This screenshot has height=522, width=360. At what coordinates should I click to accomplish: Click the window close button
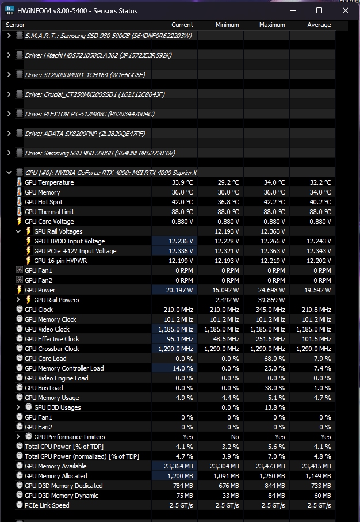pyautogui.click(x=345, y=10)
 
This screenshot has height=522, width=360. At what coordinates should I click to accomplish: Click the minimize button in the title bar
pyautogui.click(x=293, y=10)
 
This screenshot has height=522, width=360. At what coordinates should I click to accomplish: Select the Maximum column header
pyautogui.click(x=271, y=25)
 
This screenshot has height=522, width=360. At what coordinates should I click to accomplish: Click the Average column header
pyautogui.click(x=319, y=25)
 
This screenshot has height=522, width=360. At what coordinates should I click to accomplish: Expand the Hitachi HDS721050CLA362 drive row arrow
pyautogui.click(x=9, y=55)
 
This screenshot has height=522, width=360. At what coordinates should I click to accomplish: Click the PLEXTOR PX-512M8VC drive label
pyautogui.click(x=89, y=114)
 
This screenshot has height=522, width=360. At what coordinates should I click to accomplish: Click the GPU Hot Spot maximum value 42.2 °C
pyautogui.click(x=274, y=202)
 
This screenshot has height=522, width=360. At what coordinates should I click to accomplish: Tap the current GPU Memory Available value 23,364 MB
pyautogui.click(x=176, y=466)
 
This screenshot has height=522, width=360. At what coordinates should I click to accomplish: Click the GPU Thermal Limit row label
pyautogui.click(x=49, y=212)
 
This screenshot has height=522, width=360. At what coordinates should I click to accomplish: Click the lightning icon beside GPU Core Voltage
pyautogui.click(x=20, y=222)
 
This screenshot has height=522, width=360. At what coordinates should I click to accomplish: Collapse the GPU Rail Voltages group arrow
pyautogui.click(x=18, y=231)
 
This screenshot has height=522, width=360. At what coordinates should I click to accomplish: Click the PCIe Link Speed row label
pyautogui.click(x=47, y=505)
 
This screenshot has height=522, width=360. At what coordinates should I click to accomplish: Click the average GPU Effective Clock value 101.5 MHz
pyautogui.click(x=317, y=339)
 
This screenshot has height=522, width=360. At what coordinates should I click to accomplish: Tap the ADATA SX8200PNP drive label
pyautogui.click(x=85, y=134)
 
